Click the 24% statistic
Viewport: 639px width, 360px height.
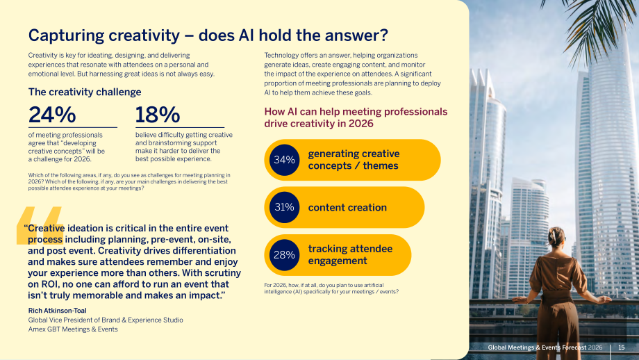[52, 115]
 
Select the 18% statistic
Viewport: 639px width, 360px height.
[157, 115]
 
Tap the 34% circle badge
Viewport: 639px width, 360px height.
[284, 160]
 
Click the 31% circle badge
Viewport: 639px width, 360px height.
[284, 207]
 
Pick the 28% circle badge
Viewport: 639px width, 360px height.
[284, 255]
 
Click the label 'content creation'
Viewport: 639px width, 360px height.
[347, 208]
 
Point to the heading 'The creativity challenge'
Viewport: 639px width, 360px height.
[85, 92]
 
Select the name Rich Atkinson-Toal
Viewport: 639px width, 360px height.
[57, 311]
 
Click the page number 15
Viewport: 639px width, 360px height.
[621, 347]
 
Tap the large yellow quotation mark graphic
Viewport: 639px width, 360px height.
[40, 225]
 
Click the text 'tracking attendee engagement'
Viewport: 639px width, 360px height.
[350, 255]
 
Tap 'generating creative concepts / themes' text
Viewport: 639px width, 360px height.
[354, 160]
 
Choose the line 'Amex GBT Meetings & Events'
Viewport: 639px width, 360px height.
[73, 329]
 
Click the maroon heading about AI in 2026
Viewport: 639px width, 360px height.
[356, 117]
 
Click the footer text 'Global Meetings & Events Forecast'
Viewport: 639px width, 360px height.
[537, 347]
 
